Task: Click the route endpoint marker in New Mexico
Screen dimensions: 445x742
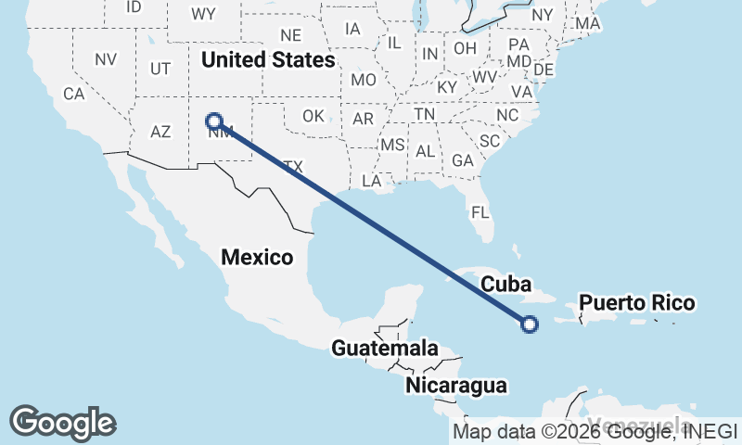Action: pos(214,121)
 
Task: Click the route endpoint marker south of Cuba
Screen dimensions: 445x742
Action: pos(529,324)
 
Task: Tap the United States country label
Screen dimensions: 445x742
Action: pos(268,60)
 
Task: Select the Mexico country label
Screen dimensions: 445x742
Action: pos(257,257)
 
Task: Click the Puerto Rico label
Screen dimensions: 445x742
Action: pos(636,303)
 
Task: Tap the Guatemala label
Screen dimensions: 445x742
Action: pos(385,349)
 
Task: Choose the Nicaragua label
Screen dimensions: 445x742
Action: pos(456,385)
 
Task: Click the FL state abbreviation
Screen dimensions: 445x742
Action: pos(480,212)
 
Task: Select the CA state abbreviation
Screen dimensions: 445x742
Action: pos(73,94)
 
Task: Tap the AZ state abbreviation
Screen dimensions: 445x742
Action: pos(160,132)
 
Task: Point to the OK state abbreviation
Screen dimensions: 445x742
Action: pos(313,116)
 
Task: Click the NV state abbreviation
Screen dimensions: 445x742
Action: pos(106,59)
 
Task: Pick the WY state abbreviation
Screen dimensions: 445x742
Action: pos(203,14)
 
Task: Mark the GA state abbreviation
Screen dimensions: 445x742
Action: pos(462,160)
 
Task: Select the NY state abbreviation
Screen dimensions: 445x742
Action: pos(543,15)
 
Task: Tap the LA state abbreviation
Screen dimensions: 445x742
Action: pos(372,181)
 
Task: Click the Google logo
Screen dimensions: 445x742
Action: pos(62,422)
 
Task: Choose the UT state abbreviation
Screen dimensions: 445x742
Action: pos(160,69)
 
